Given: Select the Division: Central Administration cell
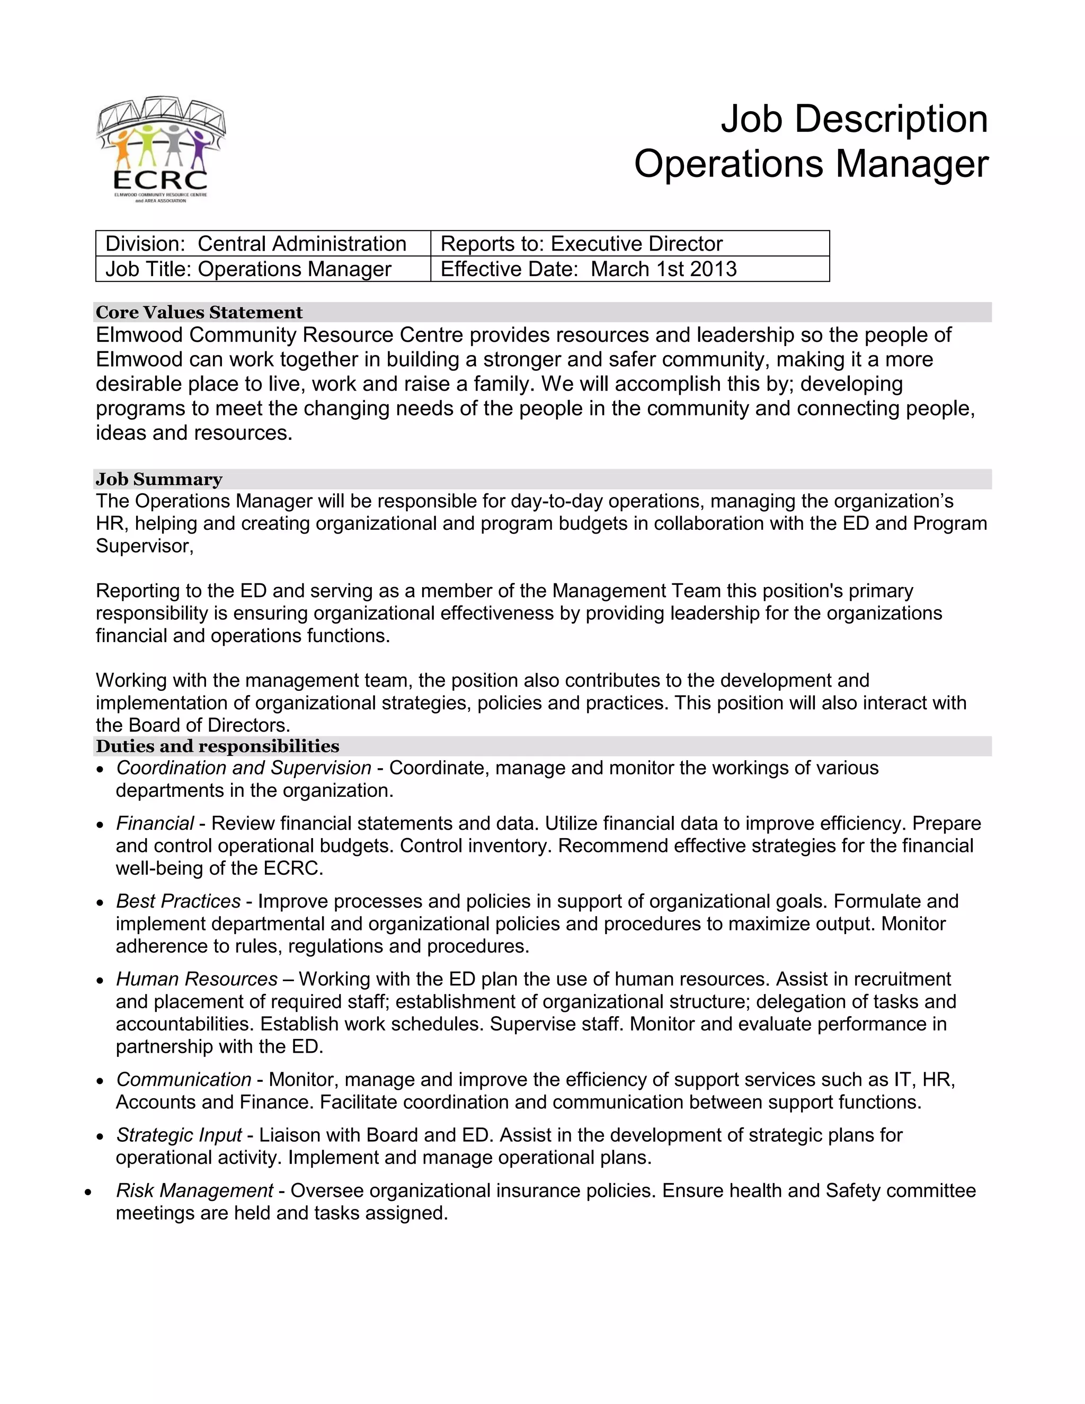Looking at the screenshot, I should click(256, 244).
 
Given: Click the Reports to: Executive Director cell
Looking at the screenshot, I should click(581, 244).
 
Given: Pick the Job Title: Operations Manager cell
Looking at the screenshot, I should click(248, 269).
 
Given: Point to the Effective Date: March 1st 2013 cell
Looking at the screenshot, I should click(588, 269).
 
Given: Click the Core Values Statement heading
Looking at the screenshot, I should click(199, 313).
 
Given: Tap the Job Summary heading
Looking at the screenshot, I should click(159, 479).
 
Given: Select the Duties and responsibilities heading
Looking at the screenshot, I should click(217, 747).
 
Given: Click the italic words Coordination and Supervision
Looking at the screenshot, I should click(244, 768).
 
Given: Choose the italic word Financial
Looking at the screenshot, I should click(155, 823).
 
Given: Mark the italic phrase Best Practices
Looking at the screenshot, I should click(178, 901).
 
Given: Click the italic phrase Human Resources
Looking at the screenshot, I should click(197, 979).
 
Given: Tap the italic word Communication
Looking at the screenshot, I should click(184, 1079).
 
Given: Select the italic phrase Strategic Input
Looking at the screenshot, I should click(179, 1135).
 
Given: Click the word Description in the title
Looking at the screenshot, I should click(891, 120).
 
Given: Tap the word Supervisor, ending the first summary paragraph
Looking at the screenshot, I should click(145, 546).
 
